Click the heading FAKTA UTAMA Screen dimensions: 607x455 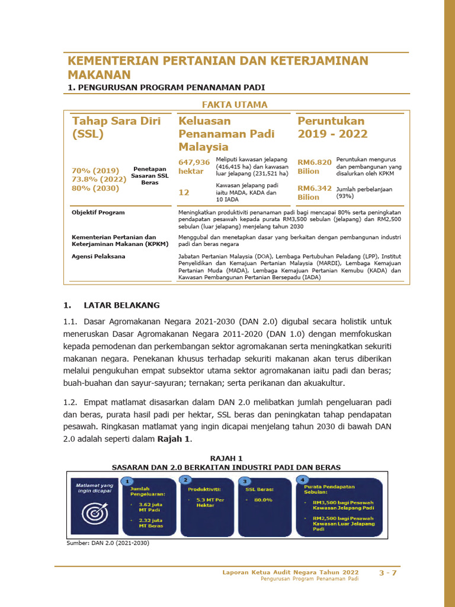(x=235, y=105)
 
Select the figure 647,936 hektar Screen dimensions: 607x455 (x=194, y=167)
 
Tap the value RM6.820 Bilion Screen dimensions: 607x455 (x=314, y=167)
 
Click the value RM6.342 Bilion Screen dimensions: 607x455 (x=314, y=193)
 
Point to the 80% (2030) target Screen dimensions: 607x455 (x=95, y=189)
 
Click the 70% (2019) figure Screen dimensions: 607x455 (x=95, y=171)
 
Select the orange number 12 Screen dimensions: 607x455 (x=184, y=192)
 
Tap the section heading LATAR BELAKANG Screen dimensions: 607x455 (x=121, y=305)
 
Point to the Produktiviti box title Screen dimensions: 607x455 (x=204, y=490)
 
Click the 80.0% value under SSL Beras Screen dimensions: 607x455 (x=262, y=500)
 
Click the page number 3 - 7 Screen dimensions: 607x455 (x=388, y=573)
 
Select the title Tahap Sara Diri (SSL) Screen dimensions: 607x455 (x=116, y=127)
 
